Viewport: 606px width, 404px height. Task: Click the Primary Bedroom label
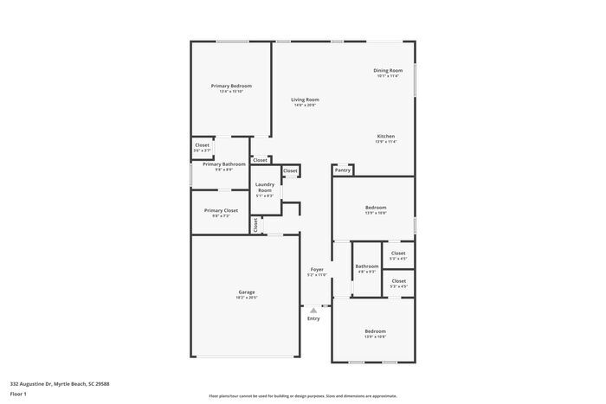point(231,86)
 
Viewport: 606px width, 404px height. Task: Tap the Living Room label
point(305,99)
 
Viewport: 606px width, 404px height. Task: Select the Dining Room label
point(388,70)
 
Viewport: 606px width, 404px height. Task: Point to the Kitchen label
point(386,136)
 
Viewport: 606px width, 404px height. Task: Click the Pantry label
point(343,170)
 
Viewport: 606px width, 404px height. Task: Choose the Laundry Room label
point(265,187)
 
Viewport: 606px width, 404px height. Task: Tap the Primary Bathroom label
point(224,164)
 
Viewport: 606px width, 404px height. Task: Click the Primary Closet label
point(221,210)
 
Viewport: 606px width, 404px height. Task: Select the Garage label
point(247,292)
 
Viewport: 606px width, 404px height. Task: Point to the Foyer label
point(317,269)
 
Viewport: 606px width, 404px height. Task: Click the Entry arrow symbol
point(313,310)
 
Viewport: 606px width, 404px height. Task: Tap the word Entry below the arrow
point(313,318)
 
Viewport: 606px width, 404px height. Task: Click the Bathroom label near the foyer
point(366,266)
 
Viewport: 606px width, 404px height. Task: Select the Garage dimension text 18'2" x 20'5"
point(247,298)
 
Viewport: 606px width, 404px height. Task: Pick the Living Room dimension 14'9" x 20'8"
point(305,106)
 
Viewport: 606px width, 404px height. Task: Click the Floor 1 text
point(19,394)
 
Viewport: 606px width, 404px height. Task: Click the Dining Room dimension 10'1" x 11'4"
point(388,76)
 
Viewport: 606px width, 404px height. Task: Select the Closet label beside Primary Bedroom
point(202,144)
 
